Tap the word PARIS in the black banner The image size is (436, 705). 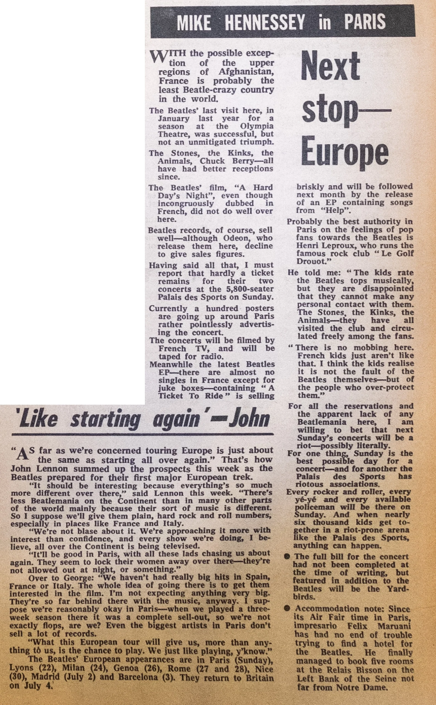click(365, 22)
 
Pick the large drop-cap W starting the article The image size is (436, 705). click(158, 56)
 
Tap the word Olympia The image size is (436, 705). click(256, 126)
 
